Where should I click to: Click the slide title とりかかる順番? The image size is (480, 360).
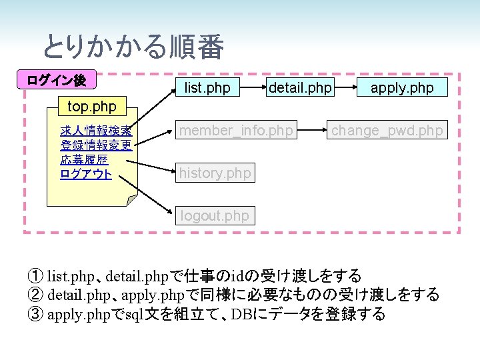133,47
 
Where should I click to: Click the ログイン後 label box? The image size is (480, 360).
56,80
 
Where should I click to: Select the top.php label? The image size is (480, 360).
92,106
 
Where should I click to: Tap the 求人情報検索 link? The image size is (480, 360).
95,130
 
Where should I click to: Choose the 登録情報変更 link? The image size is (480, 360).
95,145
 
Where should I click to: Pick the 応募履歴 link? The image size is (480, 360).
84,160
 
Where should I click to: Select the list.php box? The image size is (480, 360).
207,87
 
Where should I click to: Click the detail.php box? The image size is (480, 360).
299,87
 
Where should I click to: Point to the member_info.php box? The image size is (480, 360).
236,131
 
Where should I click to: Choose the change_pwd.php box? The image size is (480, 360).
387,131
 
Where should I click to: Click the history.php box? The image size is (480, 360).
215,173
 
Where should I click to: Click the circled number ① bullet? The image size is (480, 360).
35,275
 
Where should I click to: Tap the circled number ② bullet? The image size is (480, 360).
35,294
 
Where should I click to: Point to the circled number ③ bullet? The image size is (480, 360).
35,313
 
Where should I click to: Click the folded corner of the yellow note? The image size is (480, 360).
133,198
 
